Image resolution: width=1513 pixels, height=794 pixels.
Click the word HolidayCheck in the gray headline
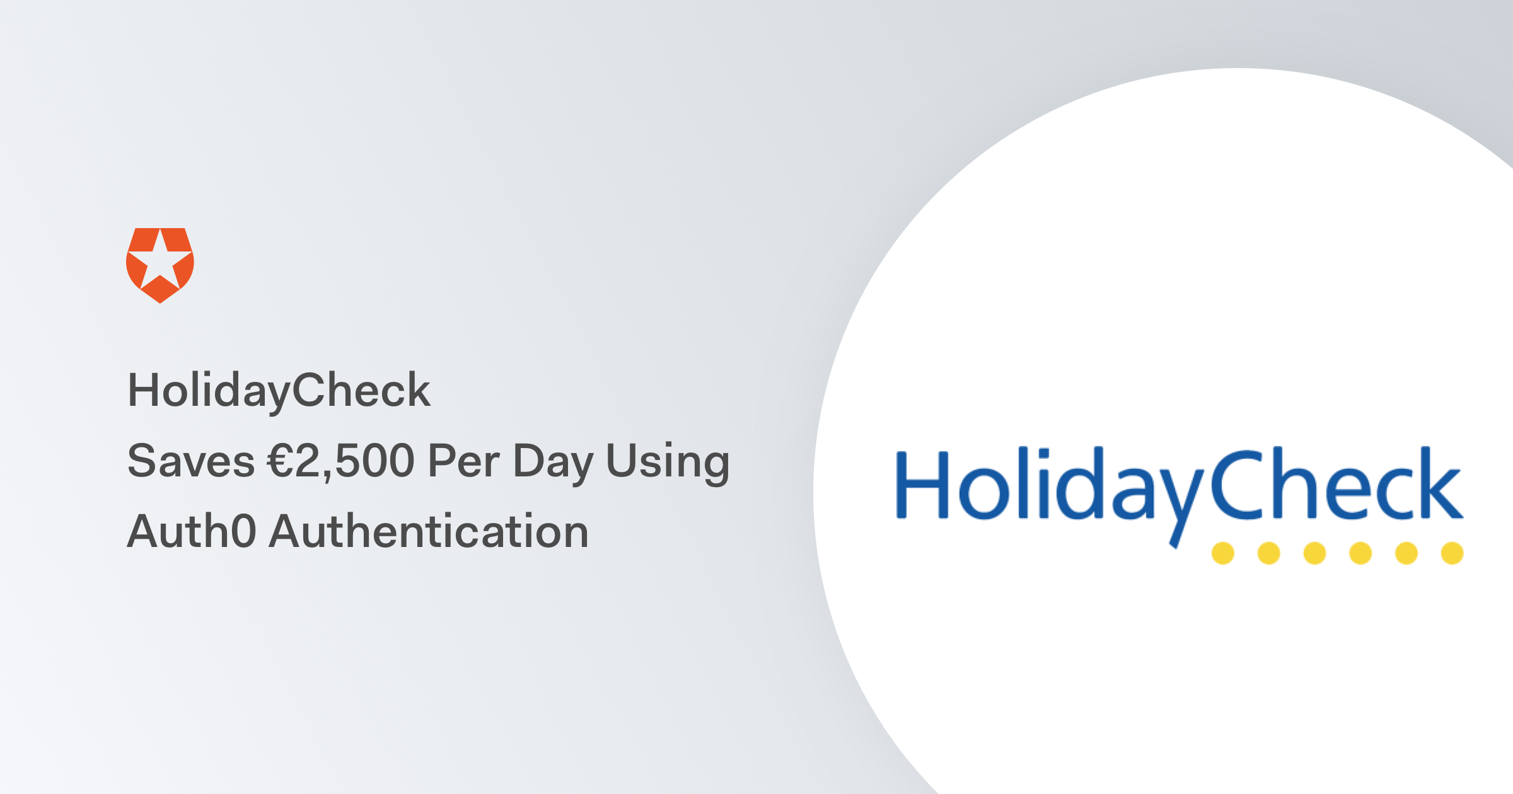point(279,390)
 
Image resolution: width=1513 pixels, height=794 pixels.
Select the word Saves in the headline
point(190,461)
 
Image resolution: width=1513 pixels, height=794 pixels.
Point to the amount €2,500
point(340,461)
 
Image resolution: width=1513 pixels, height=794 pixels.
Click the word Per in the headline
point(464,461)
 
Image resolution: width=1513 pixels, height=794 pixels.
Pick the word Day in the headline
point(554,462)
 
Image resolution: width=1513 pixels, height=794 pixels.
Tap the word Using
point(668,462)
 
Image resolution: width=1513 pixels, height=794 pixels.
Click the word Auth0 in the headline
point(192,531)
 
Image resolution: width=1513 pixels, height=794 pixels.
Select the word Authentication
point(429,531)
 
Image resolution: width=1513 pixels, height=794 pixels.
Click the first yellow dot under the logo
point(1223,553)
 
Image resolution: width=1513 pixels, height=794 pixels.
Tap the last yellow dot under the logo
point(1452,553)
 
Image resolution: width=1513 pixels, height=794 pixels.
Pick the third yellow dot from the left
point(1314,553)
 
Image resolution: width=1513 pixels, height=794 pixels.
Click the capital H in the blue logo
point(922,485)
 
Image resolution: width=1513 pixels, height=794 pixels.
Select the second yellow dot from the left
point(1268,553)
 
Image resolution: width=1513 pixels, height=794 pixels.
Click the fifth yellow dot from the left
point(1406,553)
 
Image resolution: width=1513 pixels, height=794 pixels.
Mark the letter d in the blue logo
point(1079,485)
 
